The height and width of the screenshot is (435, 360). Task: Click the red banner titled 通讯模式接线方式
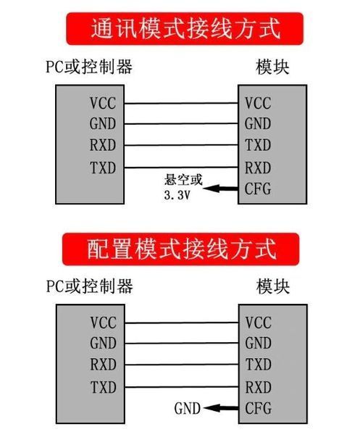(x=185, y=28)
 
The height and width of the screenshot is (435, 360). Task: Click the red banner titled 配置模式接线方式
(x=181, y=249)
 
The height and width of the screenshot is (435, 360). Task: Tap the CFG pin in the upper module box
(x=258, y=189)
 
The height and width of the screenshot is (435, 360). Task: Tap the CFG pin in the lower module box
(x=259, y=408)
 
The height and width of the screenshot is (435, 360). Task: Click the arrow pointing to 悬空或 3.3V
(x=220, y=188)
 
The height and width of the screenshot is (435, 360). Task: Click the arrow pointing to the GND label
(x=221, y=408)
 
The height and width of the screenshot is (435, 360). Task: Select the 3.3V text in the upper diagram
(x=177, y=195)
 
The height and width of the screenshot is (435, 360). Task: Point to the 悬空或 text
(x=183, y=180)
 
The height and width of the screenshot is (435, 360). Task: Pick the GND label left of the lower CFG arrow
(x=188, y=408)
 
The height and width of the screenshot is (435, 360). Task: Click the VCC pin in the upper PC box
(x=103, y=103)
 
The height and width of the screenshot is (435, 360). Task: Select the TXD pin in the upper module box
(x=258, y=145)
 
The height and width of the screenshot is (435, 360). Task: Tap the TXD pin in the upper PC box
(x=103, y=167)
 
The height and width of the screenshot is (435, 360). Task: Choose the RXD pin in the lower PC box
(x=104, y=364)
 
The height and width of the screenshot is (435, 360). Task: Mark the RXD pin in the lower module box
(x=259, y=387)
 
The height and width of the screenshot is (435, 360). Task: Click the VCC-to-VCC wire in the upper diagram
(x=181, y=103)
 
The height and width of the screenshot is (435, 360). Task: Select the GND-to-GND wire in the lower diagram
(x=182, y=343)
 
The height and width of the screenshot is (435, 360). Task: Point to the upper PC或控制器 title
(x=89, y=67)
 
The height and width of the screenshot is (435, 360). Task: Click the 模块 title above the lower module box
(x=273, y=286)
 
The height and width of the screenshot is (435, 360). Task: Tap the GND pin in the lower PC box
(x=103, y=343)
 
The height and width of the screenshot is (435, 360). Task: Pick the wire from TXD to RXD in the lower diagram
(x=182, y=387)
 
